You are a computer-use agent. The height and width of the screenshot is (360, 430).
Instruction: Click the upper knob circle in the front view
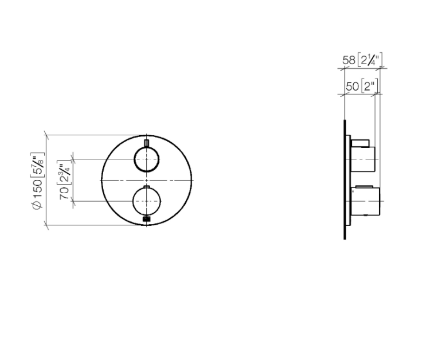(134, 159)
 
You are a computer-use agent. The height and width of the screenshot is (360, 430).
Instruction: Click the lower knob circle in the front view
(133, 201)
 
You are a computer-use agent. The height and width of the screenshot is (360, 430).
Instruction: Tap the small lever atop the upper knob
(146, 144)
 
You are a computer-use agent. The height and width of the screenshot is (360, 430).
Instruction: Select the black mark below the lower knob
(146, 218)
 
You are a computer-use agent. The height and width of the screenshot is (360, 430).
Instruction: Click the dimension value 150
(37, 190)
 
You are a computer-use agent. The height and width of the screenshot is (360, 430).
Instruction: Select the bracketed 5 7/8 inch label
(38, 165)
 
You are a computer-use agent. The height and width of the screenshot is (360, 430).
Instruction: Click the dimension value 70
(64, 193)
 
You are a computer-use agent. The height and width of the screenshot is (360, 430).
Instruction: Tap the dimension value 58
(349, 60)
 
